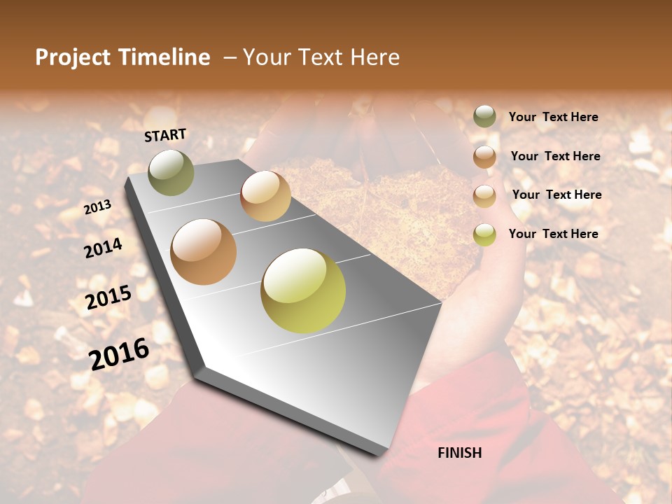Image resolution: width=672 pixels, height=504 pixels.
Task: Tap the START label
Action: click(x=165, y=134)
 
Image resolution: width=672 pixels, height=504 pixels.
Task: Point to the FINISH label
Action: click(x=459, y=453)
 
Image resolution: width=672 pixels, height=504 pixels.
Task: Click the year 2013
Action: click(x=98, y=206)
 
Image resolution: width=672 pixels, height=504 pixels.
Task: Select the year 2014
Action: click(x=103, y=248)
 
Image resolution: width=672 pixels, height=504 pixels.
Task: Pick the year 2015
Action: click(x=108, y=297)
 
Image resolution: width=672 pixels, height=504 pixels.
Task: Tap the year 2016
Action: click(x=119, y=353)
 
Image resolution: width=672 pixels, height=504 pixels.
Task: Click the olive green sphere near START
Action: click(x=171, y=172)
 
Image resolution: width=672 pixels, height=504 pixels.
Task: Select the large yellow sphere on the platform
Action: click(x=303, y=290)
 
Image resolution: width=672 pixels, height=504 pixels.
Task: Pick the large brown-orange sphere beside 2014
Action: click(x=204, y=252)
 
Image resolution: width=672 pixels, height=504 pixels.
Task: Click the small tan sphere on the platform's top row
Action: click(x=265, y=196)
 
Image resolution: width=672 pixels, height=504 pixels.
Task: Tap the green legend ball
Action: click(x=484, y=117)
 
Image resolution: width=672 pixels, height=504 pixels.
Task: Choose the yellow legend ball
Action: click(x=484, y=234)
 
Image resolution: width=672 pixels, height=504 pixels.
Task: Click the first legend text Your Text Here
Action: click(x=553, y=118)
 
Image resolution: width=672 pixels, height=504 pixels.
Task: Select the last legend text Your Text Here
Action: click(x=553, y=234)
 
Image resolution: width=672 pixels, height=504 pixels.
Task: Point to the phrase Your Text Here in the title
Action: click(x=321, y=57)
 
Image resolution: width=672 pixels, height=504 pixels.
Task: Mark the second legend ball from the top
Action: click(x=484, y=157)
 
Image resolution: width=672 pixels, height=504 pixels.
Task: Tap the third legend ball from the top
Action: click(x=484, y=196)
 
